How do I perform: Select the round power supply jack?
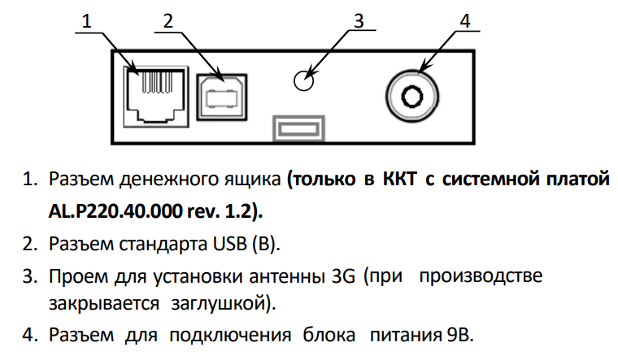coord(412,96)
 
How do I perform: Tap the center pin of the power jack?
coord(412,96)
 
